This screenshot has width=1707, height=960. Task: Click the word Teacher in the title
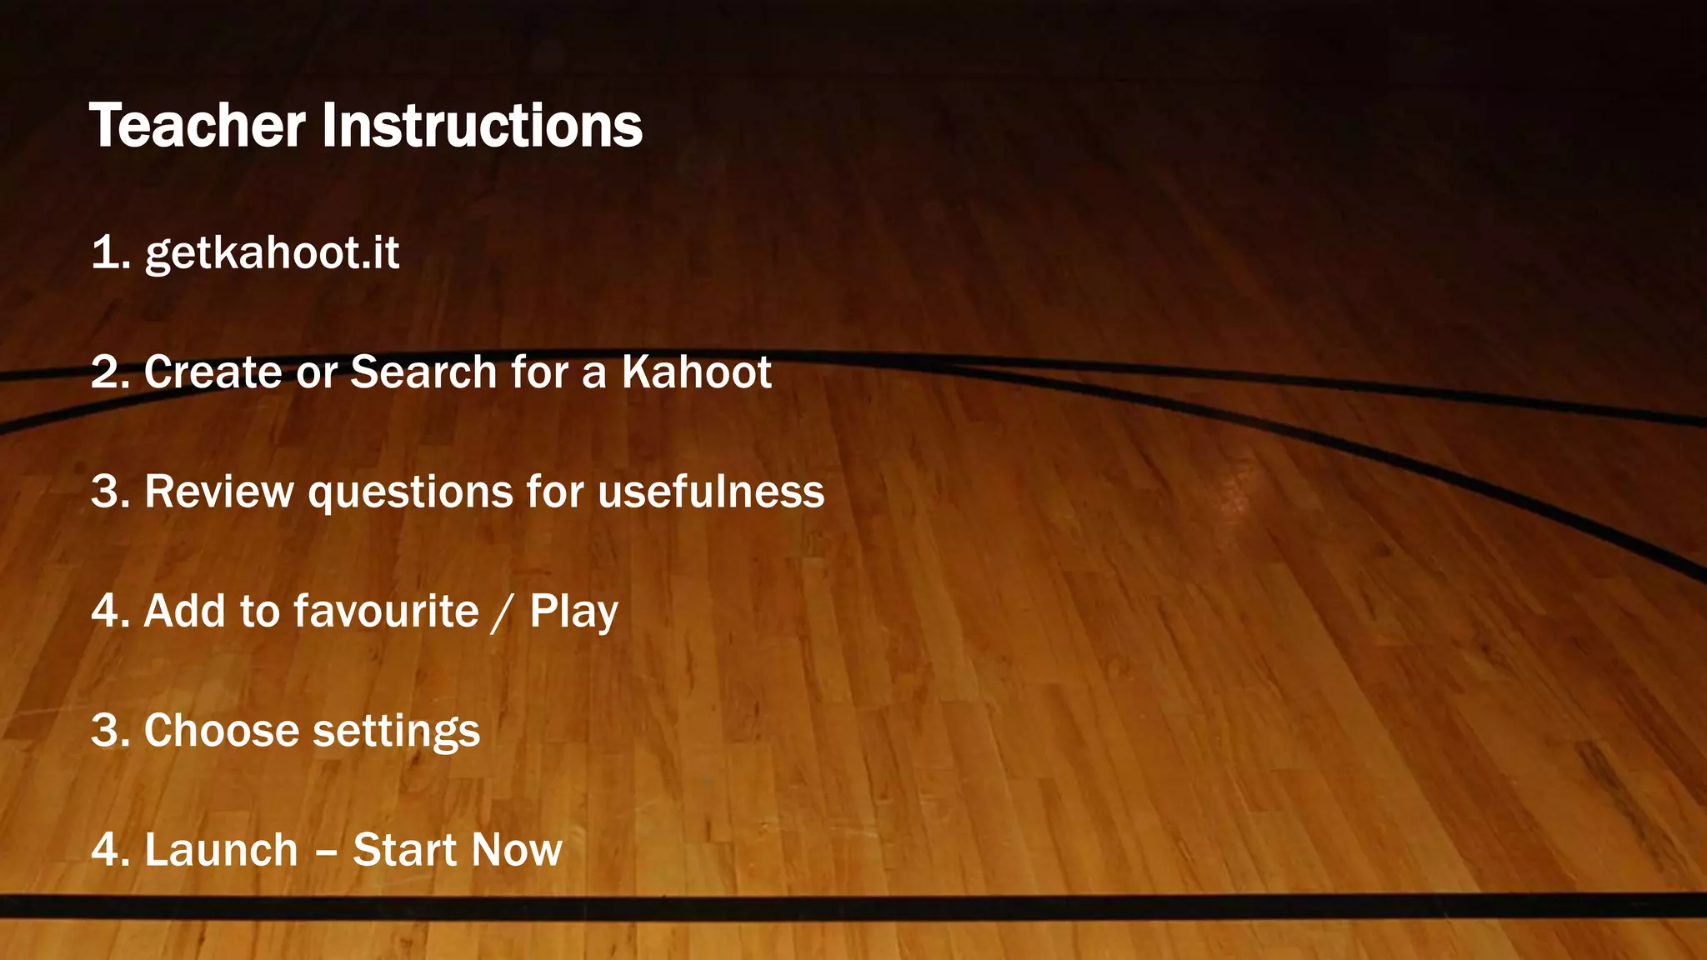tap(197, 126)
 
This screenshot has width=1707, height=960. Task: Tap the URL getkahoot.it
tap(272, 252)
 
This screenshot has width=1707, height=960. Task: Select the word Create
tap(213, 372)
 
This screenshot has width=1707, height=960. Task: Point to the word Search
tap(423, 372)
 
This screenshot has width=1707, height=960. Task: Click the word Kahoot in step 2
tap(696, 372)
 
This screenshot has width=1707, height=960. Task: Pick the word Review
tap(218, 491)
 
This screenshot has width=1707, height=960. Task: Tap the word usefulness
tap(711, 491)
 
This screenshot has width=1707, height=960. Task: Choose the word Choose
tap(222, 731)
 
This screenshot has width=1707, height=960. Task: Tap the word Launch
tap(221, 850)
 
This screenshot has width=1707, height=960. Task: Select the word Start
tap(399, 850)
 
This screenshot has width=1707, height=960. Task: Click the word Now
tap(517, 850)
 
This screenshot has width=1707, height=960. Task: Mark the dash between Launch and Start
tap(326, 852)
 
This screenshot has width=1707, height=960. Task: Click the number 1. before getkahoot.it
tap(111, 252)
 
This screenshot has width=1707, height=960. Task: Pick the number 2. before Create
tap(111, 372)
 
